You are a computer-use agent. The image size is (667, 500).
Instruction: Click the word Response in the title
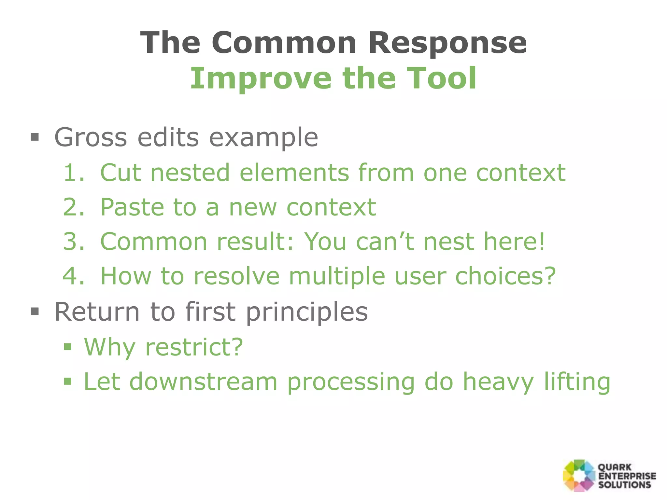click(x=447, y=43)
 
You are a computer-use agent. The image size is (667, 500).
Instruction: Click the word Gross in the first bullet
click(x=91, y=137)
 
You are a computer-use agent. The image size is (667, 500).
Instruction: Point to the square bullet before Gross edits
click(x=35, y=137)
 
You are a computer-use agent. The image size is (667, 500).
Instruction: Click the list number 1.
click(x=74, y=173)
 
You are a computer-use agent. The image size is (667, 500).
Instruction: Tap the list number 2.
click(x=74, y=207)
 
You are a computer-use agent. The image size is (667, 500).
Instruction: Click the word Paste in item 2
click(x=132, y=207)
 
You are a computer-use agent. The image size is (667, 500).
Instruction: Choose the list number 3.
click(x=74, y=242)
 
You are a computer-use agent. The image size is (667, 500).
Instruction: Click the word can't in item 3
click(x=385, y=242)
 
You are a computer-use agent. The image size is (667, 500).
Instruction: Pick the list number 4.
click(x=74, y=276)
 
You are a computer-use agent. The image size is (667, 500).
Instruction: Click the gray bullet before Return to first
click(x=35, y=312)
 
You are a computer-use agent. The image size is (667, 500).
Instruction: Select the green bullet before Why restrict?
click(x=68, y=347)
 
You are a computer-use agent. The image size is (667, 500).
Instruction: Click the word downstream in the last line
click(x=204, y=382)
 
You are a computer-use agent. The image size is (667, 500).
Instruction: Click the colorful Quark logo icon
click(x=579, y=476)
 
